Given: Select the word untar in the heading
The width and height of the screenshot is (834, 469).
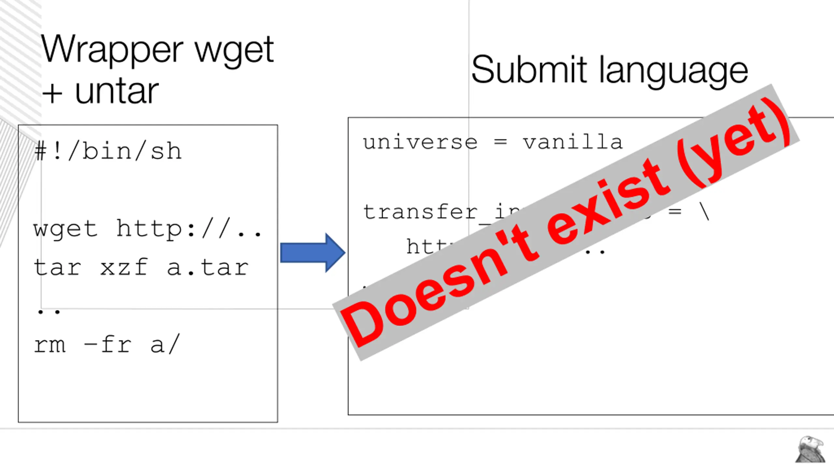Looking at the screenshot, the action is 117,92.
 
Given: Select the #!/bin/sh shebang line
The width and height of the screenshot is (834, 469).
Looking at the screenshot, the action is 108,151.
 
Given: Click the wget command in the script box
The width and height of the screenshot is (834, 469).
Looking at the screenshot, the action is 65,229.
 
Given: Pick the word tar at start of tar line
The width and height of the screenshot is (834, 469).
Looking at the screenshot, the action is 57,268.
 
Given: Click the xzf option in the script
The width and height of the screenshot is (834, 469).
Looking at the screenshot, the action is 124,268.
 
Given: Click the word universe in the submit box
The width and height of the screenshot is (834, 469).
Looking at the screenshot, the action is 420,142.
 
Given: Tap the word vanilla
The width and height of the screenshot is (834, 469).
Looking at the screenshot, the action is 573,142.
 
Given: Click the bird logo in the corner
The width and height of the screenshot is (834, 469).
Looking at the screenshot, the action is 810,449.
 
